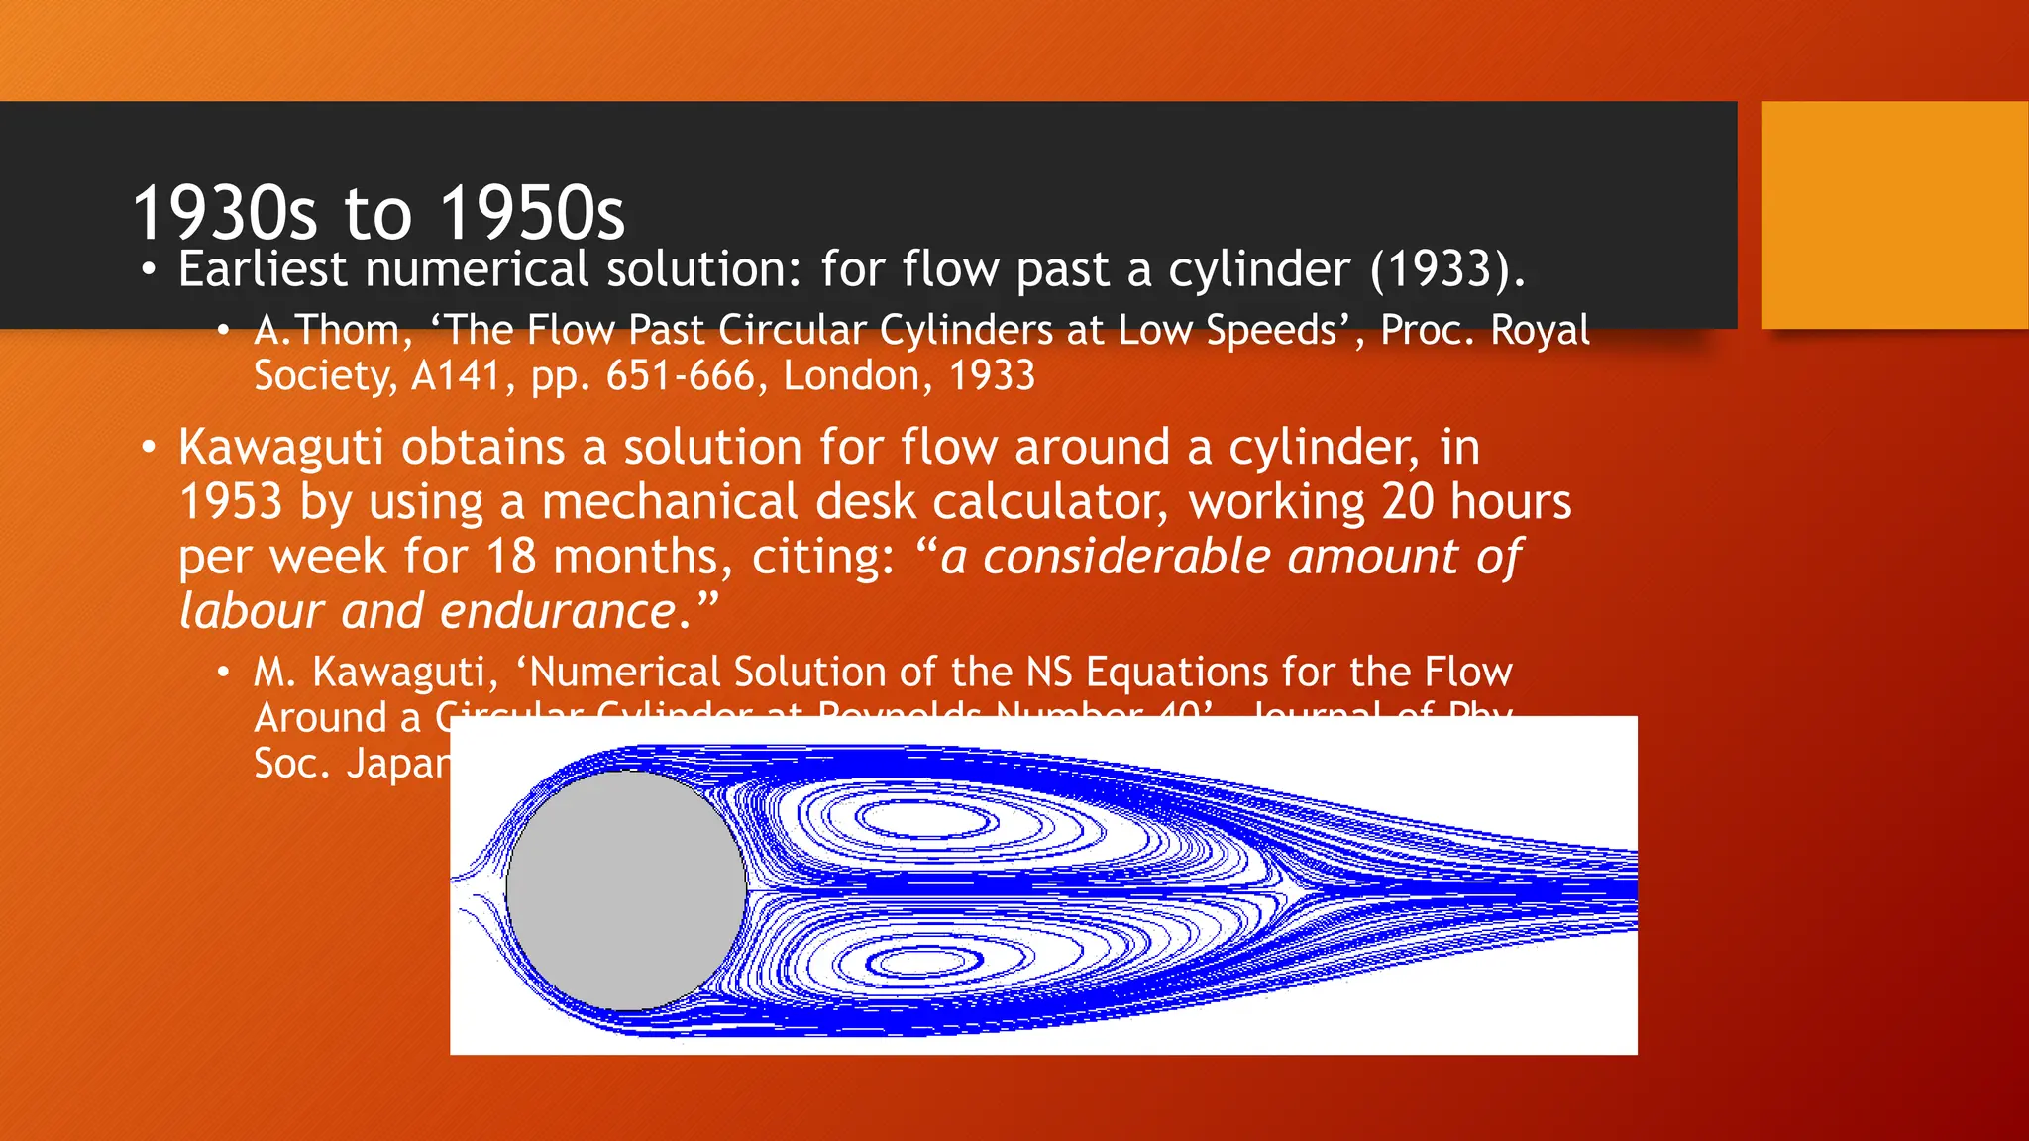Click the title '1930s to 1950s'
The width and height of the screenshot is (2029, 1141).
point(378,213)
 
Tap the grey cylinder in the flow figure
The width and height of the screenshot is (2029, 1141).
point(626,890)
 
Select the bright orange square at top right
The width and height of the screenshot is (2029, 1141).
point(1894,215)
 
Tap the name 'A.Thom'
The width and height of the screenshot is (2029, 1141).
point(326,330)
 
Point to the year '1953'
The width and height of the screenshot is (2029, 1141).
point(231,502)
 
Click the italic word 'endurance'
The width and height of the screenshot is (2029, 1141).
point(558,611)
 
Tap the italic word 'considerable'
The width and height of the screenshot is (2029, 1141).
point(1125,557)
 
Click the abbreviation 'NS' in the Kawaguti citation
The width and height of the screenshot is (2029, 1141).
point(1049,673)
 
